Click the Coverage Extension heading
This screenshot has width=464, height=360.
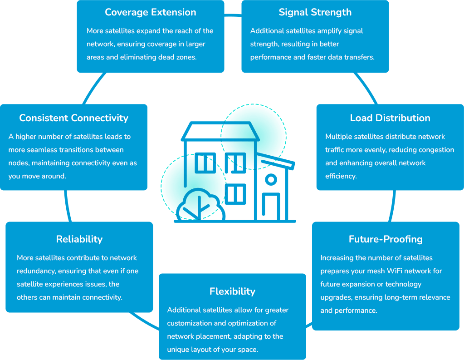coord(151,12)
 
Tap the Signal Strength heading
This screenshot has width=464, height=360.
coord(315,12)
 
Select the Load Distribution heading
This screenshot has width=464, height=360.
coord(390,118)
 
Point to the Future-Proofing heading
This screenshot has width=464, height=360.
coord(386,239)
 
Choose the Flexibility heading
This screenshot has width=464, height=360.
coord(232,291)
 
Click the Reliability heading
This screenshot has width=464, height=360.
coord(79,239)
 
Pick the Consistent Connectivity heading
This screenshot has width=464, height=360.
coord(73,118)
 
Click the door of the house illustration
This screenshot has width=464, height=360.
coord(271,207)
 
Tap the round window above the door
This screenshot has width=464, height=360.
coord(271,180)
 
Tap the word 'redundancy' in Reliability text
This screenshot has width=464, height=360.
coord(36,271)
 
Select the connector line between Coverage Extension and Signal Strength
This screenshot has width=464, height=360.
coord(233,15)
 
